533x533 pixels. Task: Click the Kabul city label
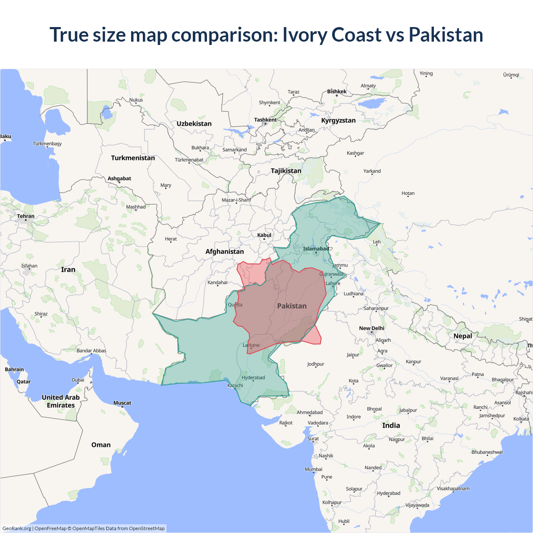[264, 235]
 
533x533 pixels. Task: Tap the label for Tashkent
[265, 120]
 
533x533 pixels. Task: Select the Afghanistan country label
[224, 252]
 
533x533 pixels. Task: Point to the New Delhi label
[371, 328]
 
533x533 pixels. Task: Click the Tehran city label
[26, 216]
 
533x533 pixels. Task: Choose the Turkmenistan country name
[133, 158]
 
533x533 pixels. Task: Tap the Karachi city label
[235, 386]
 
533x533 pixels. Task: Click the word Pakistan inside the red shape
[291, 306]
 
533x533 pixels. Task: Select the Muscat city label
[122, 403]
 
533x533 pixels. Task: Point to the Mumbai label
[314, 469]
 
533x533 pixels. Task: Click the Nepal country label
[463, 336]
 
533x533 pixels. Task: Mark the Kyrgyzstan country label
[338, 120]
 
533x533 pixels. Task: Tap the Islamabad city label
[316, 249]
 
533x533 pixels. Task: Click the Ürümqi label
[511, 75]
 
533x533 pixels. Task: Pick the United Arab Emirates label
[61, 401]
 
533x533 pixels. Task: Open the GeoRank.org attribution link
[17, 528]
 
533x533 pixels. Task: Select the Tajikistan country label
[286, 171]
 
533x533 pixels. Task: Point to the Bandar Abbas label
[91, 351]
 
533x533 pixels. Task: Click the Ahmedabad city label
[309, 412]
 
